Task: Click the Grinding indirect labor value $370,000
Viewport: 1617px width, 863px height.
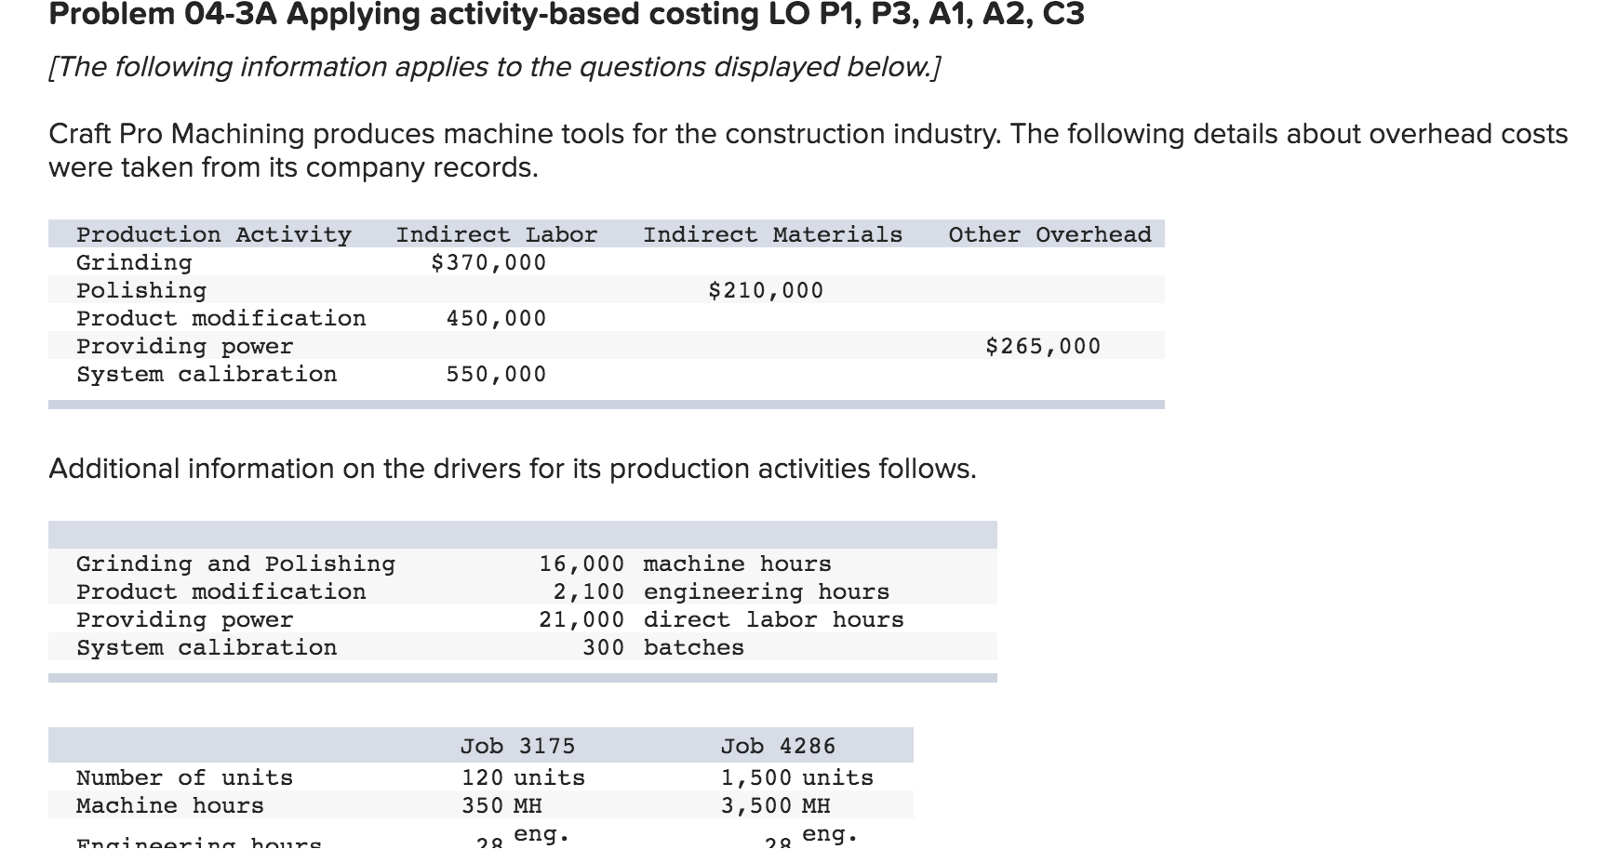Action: click(488, 263)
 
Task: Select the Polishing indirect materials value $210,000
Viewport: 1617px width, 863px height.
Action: click(766, 291)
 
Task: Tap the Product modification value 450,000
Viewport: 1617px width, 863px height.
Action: click(496, 319)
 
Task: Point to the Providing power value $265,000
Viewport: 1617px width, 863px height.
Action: click(1043, 347)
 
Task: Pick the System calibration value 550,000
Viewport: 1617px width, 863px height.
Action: click(496, 375)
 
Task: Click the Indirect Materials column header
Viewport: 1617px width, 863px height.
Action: click(772, 235)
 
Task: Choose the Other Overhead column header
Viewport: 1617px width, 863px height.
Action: click(1049, 235)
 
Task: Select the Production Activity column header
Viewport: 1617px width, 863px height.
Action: click(214, 235)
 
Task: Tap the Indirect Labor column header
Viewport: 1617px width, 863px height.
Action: click(497, 235)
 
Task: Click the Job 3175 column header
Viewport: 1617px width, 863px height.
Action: click(517, 747)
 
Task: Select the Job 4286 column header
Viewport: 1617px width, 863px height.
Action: click(778, 747)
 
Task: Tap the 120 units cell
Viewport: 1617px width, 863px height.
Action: click(523, 778)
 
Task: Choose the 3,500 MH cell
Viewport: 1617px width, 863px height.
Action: click(775, 806)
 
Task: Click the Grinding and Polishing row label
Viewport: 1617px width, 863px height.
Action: click(235, 564)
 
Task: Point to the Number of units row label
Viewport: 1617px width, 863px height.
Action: click(184, 778)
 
